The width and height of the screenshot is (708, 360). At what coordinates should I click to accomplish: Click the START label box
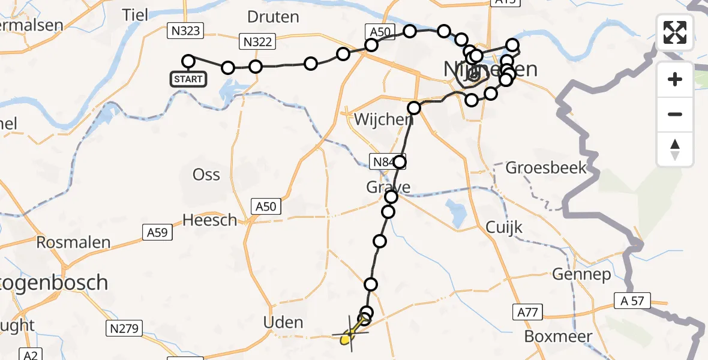click(x=188, y=79)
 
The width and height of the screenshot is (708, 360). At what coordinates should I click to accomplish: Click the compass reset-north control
click(x=675, y=149)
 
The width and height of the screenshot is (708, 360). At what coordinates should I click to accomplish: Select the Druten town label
click(x=273, y=17)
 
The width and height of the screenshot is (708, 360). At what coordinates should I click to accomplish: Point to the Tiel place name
click(x=135, y=15)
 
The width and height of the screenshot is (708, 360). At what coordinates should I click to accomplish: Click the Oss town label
click(x=206, y=175)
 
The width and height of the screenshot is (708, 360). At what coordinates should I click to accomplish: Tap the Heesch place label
click(x=210, y=220)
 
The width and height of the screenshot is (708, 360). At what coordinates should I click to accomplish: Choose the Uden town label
click(x=283, y=322)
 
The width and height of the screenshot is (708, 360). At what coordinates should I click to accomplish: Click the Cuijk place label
click(x=505, y=227)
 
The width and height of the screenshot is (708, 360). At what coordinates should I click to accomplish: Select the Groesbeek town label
click(x=546, y=167)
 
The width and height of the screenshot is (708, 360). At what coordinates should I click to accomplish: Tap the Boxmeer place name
click(x=558, y=337)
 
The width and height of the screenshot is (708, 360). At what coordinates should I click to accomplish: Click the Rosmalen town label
click(x=73, y=243)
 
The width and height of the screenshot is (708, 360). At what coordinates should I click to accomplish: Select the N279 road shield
click(x=125, y=328)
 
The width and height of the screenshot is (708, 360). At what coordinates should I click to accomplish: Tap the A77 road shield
click(x=528, y=312)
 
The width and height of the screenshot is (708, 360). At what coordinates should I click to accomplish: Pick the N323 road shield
click(x=187, y=30)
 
